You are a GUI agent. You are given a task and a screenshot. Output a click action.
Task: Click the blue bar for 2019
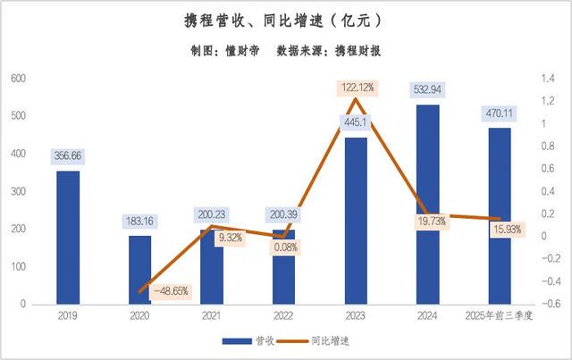68,237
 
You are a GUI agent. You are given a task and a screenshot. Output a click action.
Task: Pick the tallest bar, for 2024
427,204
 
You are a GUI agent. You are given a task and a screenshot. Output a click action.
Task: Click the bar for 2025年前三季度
499,216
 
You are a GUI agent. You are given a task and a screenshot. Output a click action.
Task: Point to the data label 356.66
68,155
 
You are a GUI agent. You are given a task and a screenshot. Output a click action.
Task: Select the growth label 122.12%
357,88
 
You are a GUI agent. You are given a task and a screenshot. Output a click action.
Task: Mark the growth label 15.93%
508,230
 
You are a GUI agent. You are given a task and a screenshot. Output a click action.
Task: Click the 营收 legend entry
254,340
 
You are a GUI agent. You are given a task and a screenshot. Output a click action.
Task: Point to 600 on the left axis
18,79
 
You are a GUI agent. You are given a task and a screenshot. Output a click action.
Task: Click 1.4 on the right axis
546,79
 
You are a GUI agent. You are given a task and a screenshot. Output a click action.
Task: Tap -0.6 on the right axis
548,305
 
